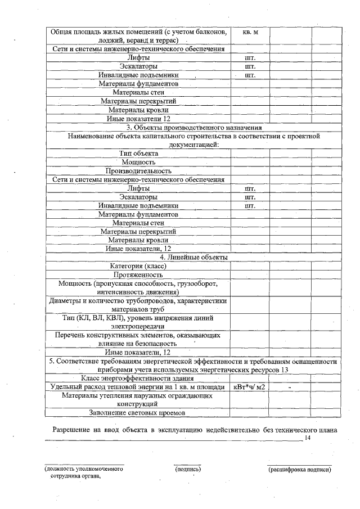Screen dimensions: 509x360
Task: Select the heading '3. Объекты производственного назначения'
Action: (x=194, y=127)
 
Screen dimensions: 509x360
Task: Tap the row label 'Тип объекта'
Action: (x=138, y=153)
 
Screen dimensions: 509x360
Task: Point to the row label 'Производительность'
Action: (x=138, y=170)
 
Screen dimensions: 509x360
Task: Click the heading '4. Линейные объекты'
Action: (x=194, y=257)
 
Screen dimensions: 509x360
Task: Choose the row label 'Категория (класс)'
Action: (x=138, y=266)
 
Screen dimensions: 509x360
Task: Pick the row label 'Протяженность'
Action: (x=138, y=275)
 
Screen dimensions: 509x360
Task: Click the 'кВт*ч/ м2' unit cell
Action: (x=250, y=387)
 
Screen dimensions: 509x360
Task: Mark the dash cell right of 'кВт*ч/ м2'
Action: (x=289, y=387)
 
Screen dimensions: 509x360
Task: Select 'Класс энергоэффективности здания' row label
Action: (x=138, y=378)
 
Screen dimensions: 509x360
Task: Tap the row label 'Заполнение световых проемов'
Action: (x=138, y=413)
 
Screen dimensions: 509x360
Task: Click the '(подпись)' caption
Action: (x=188, y=469)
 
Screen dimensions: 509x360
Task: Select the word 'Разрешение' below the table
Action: (x=71, y=430)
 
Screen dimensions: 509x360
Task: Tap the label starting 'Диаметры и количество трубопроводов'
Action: (x=138, y=305)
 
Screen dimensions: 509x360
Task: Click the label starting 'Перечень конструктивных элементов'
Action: (x=138, y=339)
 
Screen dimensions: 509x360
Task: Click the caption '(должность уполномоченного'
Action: (x=84, y=469)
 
